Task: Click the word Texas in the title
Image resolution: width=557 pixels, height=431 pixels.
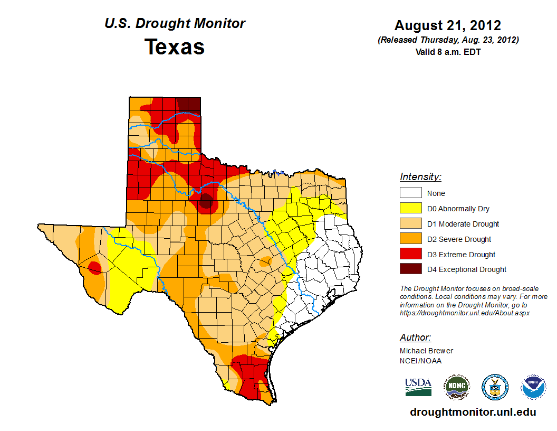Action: point(175,47)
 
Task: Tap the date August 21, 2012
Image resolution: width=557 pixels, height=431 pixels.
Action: point(448,25)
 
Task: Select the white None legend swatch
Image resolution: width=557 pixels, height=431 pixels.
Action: point(410,193)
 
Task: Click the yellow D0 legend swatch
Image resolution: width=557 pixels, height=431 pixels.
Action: point(410,209)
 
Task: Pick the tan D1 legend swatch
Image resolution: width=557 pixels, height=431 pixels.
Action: point(410,224)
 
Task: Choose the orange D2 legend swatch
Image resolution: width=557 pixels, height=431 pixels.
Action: point(410,239)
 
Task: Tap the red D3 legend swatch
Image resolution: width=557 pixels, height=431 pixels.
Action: point(410,254)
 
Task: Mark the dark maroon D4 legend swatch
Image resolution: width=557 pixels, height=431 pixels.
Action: point(410,269)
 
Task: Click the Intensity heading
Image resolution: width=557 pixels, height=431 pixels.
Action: point(420,177)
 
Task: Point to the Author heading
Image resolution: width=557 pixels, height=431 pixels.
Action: point(415,338)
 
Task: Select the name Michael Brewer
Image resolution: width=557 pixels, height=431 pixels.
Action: point(426,351)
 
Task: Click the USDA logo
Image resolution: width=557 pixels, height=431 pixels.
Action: point(418,387)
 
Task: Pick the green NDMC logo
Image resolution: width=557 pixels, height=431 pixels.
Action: point(457,387)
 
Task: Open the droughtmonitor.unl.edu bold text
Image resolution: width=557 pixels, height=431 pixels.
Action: point(473,412)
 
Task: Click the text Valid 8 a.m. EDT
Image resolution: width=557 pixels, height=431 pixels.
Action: point(448,52)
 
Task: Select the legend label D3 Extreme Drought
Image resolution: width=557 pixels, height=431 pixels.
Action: point(461,255)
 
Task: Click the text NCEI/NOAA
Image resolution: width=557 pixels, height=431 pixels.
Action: point(420,361)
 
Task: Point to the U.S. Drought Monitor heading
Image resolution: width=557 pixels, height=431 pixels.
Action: point(175,24)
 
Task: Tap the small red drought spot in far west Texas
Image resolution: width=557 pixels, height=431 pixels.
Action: point(94,268)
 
